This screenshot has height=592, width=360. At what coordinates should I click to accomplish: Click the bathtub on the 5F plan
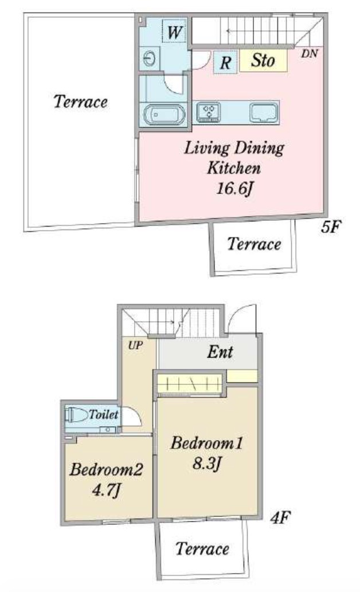tap(164, 115)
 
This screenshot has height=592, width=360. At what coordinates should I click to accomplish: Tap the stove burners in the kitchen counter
tap(209, 112)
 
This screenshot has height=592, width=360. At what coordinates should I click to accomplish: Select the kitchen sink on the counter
tap(264, 112)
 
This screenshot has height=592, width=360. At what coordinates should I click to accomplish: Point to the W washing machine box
tap(174, 32)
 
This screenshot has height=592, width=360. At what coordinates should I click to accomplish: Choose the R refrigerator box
tap(225, 62)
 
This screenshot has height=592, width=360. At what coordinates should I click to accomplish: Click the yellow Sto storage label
tap(263, 60)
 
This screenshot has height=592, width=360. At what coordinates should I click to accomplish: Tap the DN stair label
tap(310, 53)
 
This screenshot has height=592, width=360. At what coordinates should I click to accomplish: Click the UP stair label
tap(135, 345)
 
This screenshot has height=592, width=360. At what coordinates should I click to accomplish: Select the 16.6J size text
tap(234, 188)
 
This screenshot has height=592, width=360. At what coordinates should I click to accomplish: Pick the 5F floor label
tap(331, 227)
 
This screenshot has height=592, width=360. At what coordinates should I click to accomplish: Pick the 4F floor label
tap(280, 517)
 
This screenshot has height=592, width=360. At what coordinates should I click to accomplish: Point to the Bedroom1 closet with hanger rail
tap(189, 384)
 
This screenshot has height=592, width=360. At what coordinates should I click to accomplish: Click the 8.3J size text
tap(206, 462)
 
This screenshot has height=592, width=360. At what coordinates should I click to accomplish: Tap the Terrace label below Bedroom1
tap(202, 548)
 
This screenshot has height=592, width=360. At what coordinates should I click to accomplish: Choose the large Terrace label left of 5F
tap(80, 102)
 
